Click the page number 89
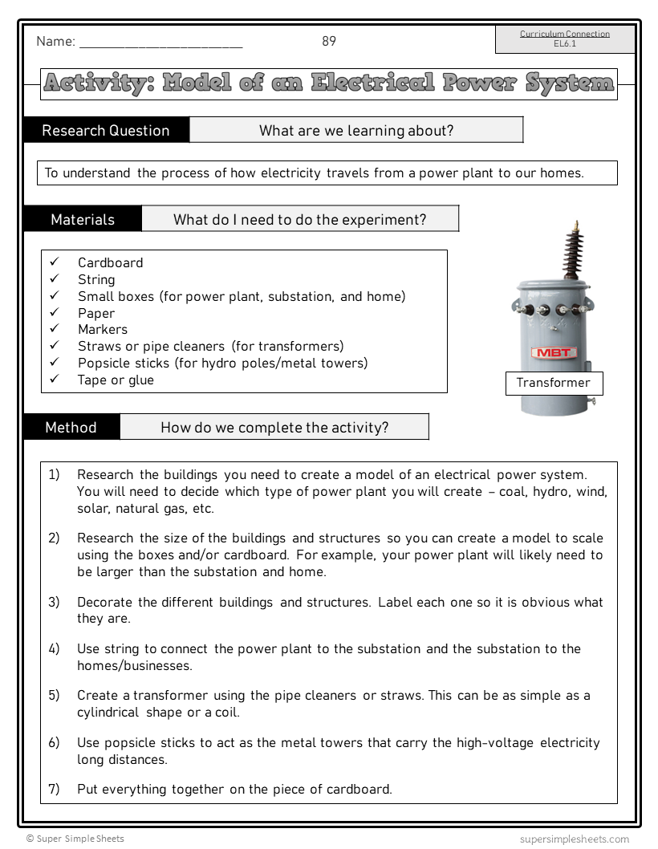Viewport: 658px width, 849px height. pos(329,42)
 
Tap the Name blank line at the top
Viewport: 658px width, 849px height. pos(160,47)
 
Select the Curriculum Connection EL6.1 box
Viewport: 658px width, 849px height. pos(565,39)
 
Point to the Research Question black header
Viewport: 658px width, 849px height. pos(106,131)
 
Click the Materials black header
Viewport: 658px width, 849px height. pos(83,220)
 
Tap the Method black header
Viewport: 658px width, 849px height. pos(71,428)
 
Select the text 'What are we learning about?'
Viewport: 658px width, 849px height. pos(355,131)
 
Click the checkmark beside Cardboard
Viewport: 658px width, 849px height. pos(55,262)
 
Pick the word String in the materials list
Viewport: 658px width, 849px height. pos(96,280)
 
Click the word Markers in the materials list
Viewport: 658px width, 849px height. pos(103,330)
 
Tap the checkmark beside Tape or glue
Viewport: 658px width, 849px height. pos(55,380)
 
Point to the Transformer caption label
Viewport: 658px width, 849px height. pos(553,384)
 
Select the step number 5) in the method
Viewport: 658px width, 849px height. pos(54,696)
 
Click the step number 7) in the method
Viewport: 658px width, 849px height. pos(54,790)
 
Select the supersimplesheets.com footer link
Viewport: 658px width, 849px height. pos(574,839)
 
